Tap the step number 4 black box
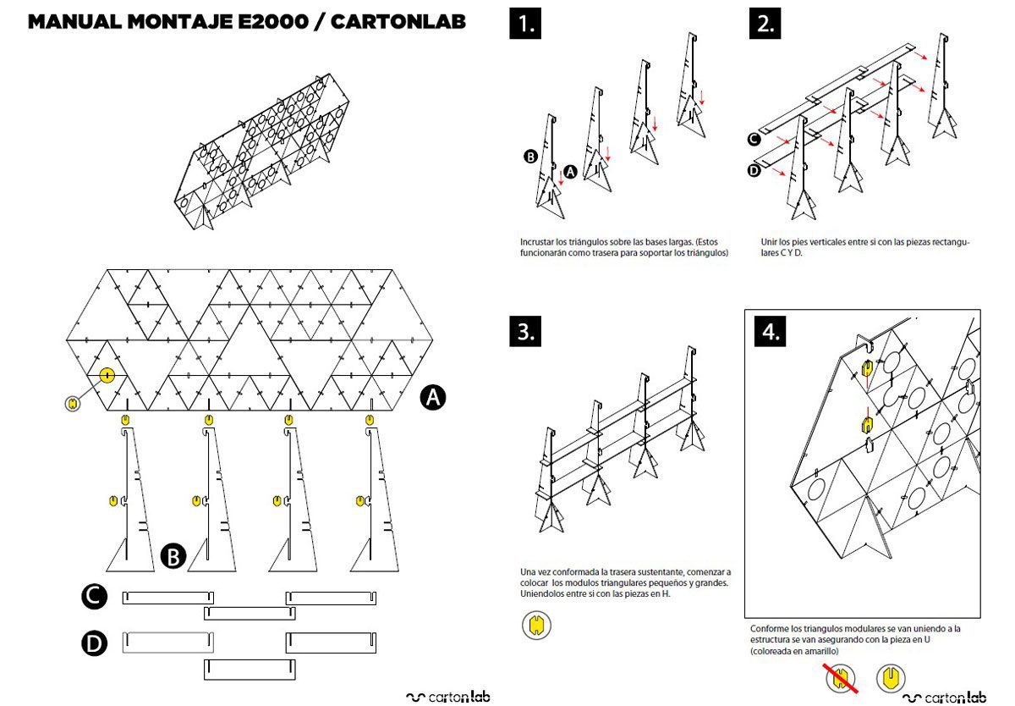[x=771, y=332]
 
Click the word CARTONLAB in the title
[x=398, y=22]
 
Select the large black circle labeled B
[x=173, y=556]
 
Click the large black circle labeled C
[x=95, y=598]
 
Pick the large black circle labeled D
[x=95, y=644]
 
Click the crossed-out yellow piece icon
[x=840, y=677]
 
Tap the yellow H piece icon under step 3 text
[x=536, y=626]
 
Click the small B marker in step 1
[x=530, y=157]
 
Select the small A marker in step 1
[x=570, y=171]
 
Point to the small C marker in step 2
[x=754, y=140]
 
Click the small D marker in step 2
[x=754, y=170]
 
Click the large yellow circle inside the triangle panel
[x=107, y=374]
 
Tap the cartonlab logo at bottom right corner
[x=945, y=698]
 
